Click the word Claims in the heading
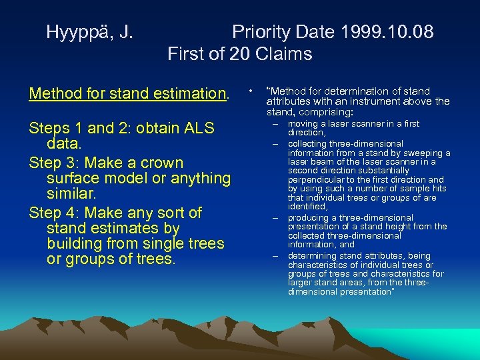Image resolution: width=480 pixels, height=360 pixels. pos(283,53)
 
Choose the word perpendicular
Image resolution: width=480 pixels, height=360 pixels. pos(317,180)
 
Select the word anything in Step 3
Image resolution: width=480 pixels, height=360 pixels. pos(198,179)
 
